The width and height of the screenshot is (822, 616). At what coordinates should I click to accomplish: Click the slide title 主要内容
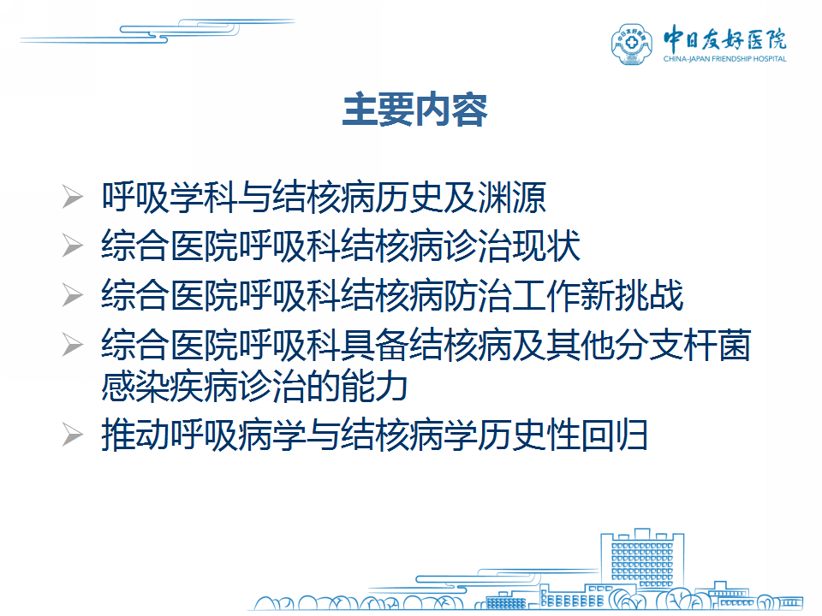coord(414,110)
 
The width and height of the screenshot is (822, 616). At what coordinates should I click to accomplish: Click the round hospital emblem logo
coord(632,44)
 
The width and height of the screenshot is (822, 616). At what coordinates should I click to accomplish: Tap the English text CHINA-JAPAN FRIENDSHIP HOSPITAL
coord(724,59)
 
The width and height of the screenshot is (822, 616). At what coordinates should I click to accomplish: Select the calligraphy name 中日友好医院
coord(724,38)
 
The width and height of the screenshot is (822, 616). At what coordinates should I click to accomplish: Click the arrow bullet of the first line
coord(72,197)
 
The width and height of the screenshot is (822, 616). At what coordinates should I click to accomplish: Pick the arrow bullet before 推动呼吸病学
coord(72,435)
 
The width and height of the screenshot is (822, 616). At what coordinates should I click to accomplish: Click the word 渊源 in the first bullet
coord(512,198)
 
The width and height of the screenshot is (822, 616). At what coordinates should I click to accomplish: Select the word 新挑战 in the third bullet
coord(632,295)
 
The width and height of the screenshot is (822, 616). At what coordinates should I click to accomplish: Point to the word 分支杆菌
coord(683,345)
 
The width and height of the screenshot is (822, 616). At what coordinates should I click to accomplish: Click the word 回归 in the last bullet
coord(615,435)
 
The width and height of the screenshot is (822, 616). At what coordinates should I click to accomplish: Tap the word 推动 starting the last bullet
coord(134,435)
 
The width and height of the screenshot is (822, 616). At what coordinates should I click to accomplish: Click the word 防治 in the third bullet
coord(478,295)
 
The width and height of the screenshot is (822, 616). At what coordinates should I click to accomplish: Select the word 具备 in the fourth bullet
coord(374,345)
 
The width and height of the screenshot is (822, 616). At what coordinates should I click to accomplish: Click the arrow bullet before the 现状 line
coord(72,246)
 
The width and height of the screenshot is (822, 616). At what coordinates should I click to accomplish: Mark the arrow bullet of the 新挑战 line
coord(72,294)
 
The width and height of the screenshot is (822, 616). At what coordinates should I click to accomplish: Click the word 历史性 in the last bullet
coord(529,435)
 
